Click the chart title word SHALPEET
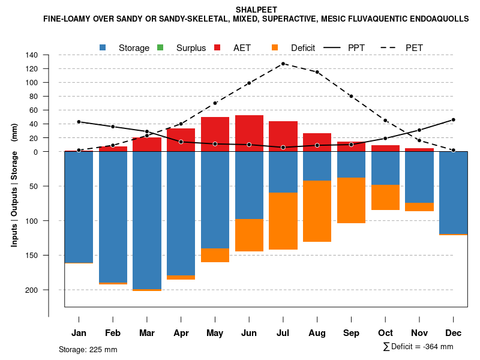click(256, 10)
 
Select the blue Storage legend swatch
click(103, 47)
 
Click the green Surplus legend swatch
click(160, 47)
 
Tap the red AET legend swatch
click(218, 47)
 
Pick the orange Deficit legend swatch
click(275, 47)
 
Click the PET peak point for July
click(283, 64)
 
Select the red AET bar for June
click(249, 133)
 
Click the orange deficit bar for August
click(317, 211)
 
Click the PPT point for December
click(454, 120)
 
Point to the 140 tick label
click(32, 55)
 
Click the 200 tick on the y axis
click(32, 290)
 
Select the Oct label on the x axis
click(385, 333)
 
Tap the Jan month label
click(79, 333)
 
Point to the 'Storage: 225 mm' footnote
click(88, 349)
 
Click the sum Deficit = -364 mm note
click(418, 347)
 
